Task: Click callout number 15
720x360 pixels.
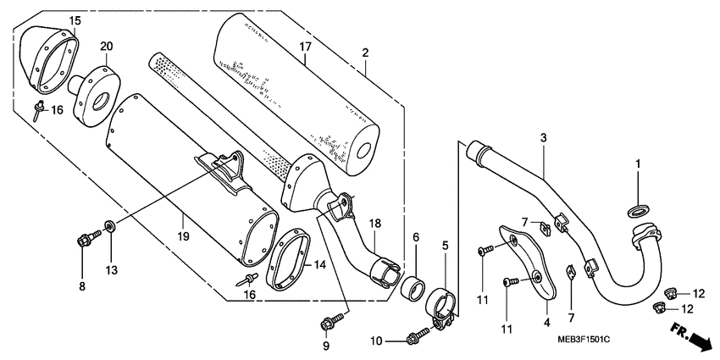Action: (75, 19)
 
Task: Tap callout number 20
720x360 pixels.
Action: (107, 46)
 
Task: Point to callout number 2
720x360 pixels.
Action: (365, 53)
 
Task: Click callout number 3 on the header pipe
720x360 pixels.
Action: (543, 137)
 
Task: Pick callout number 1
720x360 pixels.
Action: (639, 163)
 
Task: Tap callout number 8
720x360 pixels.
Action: (83, 287)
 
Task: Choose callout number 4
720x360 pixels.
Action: (546, 322)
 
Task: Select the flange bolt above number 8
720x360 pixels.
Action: (86, 241)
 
